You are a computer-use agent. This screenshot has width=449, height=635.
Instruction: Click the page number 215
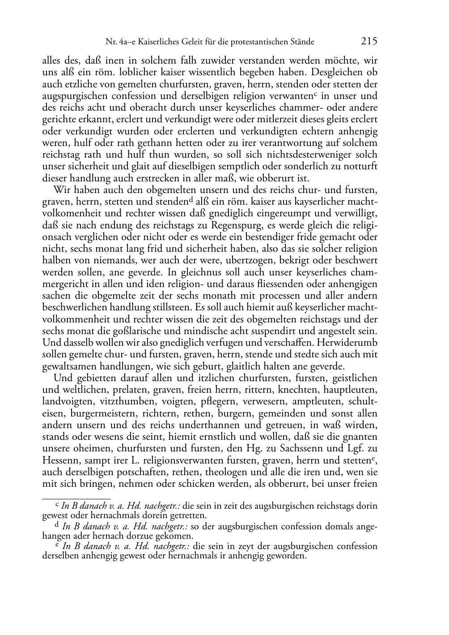tap(369, 41)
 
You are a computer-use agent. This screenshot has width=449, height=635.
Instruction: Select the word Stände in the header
tap(303, 42)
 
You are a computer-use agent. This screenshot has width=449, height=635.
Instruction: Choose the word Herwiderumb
tap(349, 342)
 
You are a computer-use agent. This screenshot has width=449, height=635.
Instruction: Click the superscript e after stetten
tap(373, 458)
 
